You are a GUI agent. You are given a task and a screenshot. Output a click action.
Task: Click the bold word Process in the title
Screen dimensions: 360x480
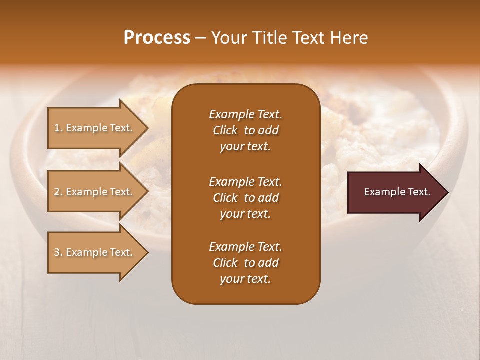click(x=157, y=38)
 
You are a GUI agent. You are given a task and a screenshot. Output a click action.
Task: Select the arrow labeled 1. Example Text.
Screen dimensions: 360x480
click(x=95, y=128)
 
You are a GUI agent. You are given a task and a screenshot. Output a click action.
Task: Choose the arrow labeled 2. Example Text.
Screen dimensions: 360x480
click(x=95, y=192)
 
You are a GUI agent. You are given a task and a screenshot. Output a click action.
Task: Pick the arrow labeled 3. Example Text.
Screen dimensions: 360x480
click(x=95, y=252)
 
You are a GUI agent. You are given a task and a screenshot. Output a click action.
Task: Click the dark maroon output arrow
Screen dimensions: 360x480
click(x=395, y=192)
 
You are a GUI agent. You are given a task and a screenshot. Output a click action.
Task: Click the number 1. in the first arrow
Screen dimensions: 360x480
click(x=58, y=128)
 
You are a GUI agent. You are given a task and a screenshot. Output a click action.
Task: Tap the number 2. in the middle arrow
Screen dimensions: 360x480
click(x=58, y=192)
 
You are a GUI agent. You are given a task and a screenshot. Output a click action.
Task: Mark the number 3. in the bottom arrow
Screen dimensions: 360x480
click(x=58, y=252)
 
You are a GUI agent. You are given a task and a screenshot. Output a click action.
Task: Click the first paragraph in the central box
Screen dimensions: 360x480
click(x=245, y=130)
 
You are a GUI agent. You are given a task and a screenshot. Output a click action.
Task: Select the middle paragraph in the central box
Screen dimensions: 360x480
click(x=245, y=198)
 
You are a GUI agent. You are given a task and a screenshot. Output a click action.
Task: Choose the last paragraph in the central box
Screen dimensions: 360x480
click(x=245, y=263)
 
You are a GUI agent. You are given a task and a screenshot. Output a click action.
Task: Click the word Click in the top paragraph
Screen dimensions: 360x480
click(x=225, y=130)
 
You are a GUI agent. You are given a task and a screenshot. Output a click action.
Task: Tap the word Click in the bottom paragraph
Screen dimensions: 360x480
click(x=225, y=263)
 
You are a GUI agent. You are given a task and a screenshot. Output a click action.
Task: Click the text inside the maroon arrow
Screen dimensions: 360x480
click(x=397, y=192)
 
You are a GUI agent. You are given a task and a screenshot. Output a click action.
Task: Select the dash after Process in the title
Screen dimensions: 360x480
click(x=200, y=38)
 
